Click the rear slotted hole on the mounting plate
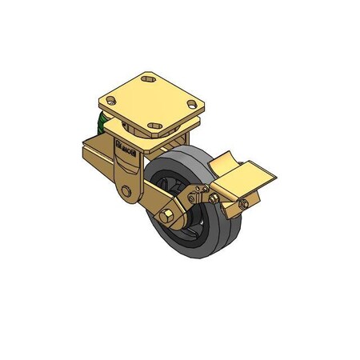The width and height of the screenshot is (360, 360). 149,79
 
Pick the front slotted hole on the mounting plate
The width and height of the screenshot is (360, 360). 153,123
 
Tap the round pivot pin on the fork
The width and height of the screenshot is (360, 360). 127,191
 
